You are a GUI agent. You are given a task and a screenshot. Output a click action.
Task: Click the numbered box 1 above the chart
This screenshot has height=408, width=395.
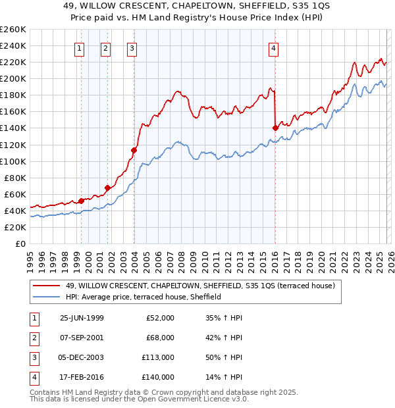coord(79,47)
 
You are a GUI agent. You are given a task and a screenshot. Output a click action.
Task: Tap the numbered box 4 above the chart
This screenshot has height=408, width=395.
coord(273,47)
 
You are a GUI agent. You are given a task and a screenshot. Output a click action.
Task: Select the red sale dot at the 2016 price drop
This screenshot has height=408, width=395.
coord(275,128)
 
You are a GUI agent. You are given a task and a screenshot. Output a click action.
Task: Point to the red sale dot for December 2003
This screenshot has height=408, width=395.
coord(134,150)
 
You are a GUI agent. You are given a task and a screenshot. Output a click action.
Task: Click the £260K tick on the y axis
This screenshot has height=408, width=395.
coord(13,30)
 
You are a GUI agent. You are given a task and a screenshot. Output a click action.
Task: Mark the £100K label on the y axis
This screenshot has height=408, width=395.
coord(13,161)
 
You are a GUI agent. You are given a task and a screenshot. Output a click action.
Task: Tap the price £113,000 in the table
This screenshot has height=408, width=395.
coord(158,358)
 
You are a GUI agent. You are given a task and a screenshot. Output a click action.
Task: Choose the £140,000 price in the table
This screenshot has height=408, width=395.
coord(158,378)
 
